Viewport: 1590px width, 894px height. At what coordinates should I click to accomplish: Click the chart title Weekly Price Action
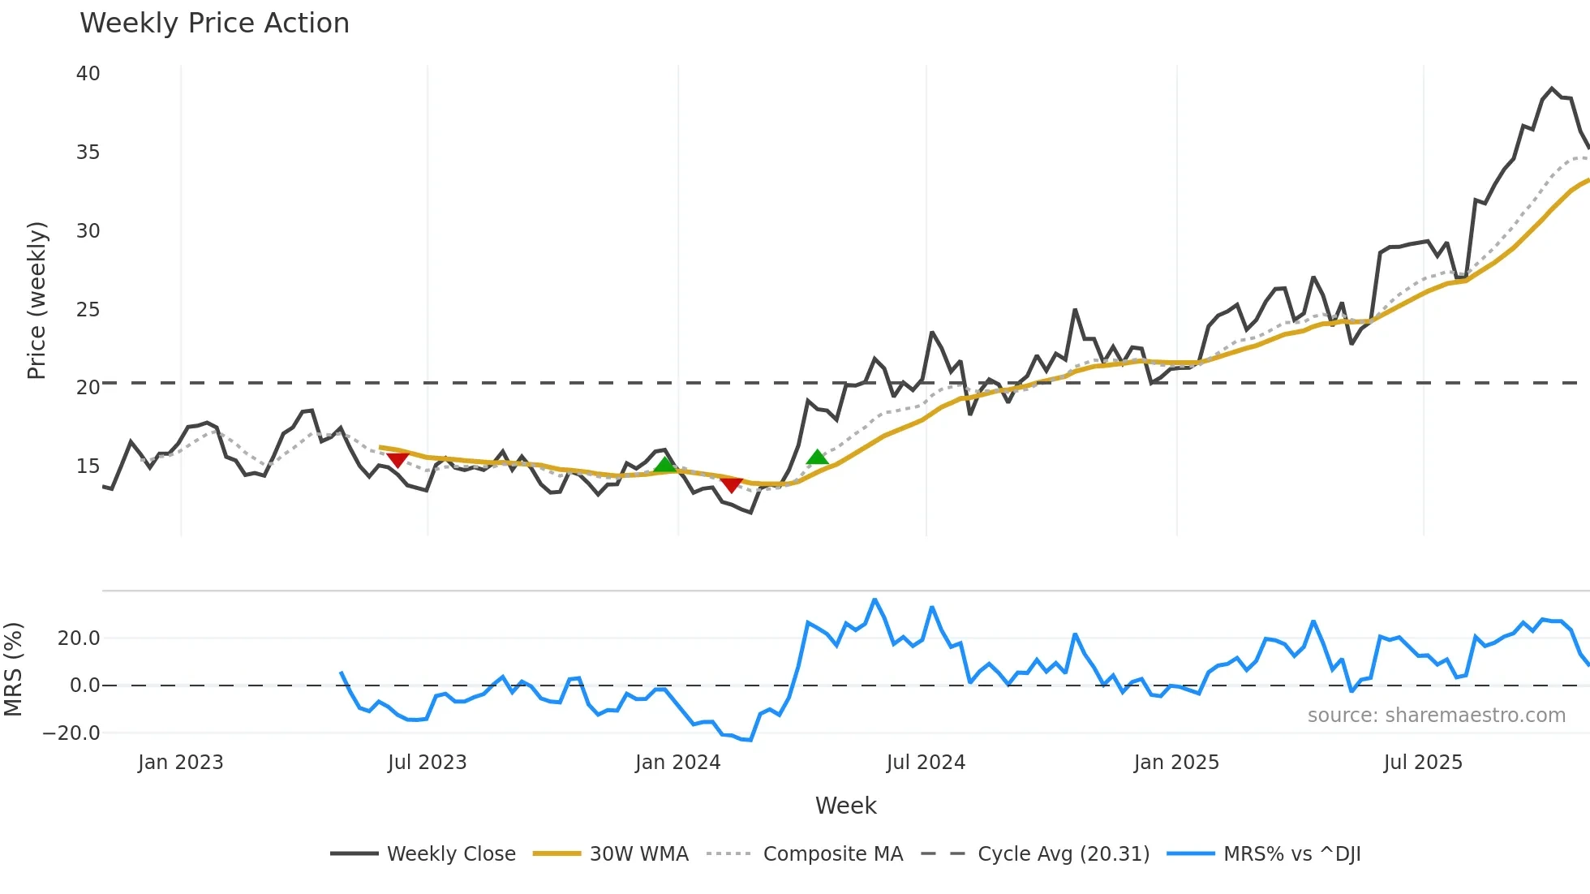click(214, 24)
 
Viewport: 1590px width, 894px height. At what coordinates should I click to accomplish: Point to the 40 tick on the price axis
click(88, 74)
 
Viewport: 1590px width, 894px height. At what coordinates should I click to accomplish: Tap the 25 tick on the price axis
click(88, 310)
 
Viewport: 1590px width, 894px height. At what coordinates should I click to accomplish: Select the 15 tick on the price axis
click(88, 466)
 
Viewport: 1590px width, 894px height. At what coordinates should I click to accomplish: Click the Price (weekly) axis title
click(37, 300)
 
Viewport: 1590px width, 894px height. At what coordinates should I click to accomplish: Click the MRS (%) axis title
click(14, 669)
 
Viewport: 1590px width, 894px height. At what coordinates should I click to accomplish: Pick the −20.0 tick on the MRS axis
click(71, 733)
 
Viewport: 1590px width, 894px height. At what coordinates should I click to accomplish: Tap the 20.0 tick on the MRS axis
click(79, 638)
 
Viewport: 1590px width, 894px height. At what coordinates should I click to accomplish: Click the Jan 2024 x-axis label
click(677, 763)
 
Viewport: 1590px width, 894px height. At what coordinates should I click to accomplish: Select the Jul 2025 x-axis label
click(1423, 763)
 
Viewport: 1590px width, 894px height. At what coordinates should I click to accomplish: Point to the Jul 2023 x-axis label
click(427, 763)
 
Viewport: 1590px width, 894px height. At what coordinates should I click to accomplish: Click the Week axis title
click(845, 806)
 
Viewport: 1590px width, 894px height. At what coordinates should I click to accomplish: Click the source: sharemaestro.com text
click(1436, 716)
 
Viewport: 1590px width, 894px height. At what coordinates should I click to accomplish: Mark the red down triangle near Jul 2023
click(397, 460)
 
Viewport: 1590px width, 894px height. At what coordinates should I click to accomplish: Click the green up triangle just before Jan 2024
click(665, 464)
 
